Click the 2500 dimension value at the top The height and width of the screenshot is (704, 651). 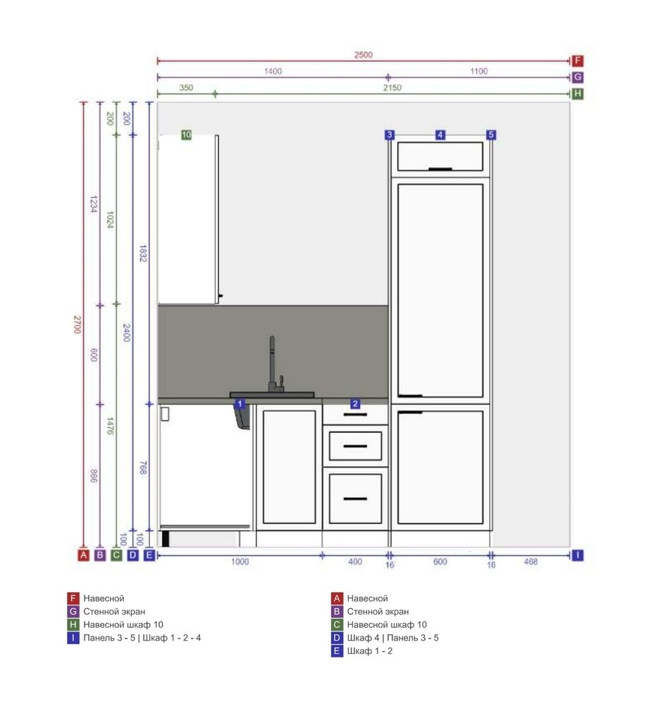pyautogui.click(x=363, y=55)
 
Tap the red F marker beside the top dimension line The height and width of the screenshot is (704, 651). pyautogui.click(x=577, y=61)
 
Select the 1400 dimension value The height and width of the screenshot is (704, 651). pyautogui.click(x=273, y=71)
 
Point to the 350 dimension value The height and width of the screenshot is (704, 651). pyautogui.click(x=186, y=87)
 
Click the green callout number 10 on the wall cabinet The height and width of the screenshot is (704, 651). pyautogui.click(x=186, y=134)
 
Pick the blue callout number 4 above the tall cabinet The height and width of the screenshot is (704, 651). pyautogui.click(x=440, y=134)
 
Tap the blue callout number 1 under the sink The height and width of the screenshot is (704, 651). pyautogui.click(x=240, y=403)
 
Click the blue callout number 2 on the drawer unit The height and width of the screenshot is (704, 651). pyautogui.click(x=355, y=403)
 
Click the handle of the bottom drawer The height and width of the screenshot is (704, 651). pyautogui.click(x=355, y=498)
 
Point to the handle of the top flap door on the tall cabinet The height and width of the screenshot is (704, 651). pyautogui.click(x=440, y=169)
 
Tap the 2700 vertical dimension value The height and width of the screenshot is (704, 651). pyautogui.click(x=77, y=324)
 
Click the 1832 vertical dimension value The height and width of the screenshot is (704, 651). pyautogui.click(x=143, y=253)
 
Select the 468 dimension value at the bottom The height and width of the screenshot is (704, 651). pyautogui.click(x=531, y=561)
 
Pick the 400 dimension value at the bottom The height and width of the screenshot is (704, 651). pyautogui.click(x=355, y=561)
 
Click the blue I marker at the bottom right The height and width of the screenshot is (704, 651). pyautogui.click(x=577, y=555)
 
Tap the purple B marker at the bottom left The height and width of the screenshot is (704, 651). pyautogui.click(x=100, y=555)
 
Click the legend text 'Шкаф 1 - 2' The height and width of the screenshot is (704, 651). pyautogui.click(x=369, y=650)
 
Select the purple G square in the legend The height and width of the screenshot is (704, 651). pyautogui.click(x=73, y=611)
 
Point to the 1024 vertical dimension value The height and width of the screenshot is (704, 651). pyautogui.click(x=110, y=220)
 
